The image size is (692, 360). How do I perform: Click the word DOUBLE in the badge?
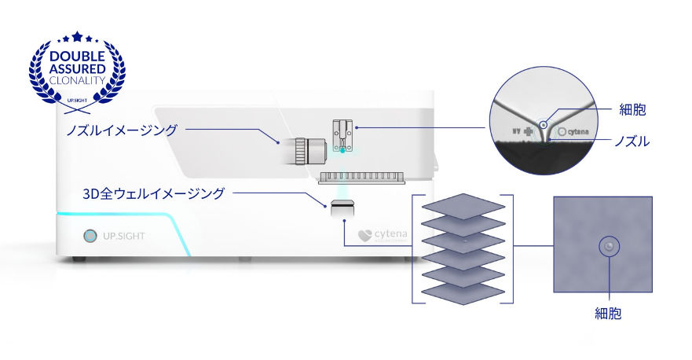(x=78, y=57)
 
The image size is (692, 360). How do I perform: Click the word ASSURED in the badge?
(x=78, y=68)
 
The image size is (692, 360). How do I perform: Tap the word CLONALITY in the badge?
(x=78, y=80)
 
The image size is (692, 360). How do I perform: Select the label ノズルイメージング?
(x=121, y=130)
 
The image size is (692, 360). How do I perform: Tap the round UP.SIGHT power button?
(x=90, y=236)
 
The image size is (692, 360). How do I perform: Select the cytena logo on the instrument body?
(x=383, y=234)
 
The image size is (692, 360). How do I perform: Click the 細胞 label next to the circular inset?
(x=632, y=109)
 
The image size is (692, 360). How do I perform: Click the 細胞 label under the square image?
(x=608, y=314)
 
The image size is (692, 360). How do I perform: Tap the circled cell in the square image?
(x=606, y=248)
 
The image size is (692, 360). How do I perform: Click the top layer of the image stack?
(x=463, y=206)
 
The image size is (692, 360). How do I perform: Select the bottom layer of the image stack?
(x=463, y=292)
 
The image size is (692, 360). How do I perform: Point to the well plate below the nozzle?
(x=361, y=178)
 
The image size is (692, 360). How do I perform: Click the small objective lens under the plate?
(x=342, y=208)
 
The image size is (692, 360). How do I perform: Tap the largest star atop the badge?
(x=77, y=36)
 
